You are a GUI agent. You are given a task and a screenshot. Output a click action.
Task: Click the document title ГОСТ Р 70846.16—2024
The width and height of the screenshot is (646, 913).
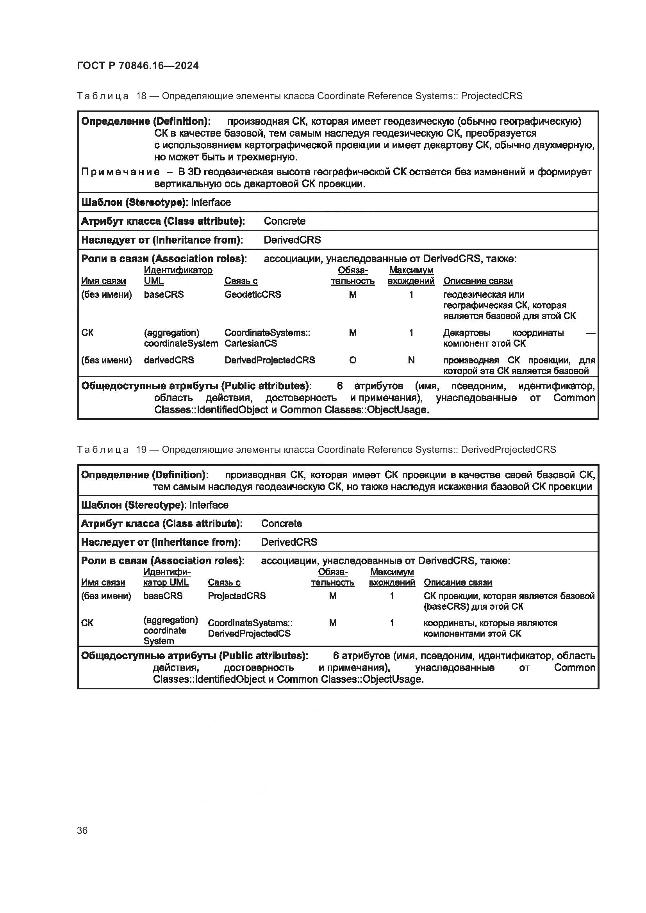point(137,66)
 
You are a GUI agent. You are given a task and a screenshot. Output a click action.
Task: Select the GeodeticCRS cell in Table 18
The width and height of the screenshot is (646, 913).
point(253,294)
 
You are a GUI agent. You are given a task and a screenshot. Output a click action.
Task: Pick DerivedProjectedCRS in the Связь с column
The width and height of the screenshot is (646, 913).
point(269,360)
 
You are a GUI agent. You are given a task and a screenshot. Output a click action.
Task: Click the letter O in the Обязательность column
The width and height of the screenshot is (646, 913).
point(352,360)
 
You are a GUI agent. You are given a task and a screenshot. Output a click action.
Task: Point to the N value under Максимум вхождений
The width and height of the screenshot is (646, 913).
point(411,360)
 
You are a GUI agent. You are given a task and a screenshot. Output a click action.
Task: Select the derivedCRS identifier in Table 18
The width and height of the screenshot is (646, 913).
point(169,360)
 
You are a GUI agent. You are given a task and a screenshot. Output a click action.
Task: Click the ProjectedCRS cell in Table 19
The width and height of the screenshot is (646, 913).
point(237,596)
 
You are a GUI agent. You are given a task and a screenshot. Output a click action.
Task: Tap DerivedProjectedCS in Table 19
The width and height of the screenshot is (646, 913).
point(249,634)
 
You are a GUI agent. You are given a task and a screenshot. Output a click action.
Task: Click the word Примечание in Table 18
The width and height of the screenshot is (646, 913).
point(121,172)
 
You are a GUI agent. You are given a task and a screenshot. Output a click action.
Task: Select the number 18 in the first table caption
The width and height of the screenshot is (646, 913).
point(141,96)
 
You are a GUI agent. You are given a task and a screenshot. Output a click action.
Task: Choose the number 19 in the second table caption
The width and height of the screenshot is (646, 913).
point(141,449)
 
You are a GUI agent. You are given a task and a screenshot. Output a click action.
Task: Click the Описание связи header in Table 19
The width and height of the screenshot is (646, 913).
point(457,582)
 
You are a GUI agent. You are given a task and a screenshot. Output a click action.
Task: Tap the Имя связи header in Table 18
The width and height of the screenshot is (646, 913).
point(104,281)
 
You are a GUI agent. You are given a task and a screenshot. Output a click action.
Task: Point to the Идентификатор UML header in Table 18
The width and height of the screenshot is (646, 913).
point(178,275)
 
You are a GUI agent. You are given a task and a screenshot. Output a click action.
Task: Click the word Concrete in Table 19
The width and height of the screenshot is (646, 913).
point(281,523)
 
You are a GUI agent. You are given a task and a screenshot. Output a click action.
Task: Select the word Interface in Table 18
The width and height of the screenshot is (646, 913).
point(211,202)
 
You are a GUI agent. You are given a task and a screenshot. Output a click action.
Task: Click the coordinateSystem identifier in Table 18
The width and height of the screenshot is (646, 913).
point(180,343)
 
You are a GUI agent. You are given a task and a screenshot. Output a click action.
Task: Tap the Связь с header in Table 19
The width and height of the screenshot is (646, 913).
point(224,582)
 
